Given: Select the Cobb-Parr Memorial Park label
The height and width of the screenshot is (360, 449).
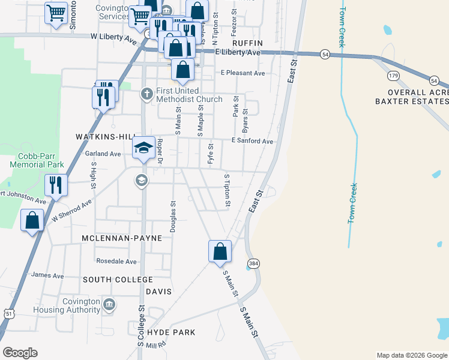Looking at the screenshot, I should point(37,159).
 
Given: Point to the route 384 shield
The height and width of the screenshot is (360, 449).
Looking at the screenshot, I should point(252,263).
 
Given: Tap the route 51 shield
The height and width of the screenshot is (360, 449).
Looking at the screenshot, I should point(8,313).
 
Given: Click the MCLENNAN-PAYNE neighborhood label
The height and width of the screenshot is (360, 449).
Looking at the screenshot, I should point(122,238).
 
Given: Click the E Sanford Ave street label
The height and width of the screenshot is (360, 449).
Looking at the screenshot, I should point(252,142).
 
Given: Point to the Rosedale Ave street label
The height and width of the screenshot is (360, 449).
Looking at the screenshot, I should point(116,262).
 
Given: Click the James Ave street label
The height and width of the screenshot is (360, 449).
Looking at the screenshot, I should point(47,276).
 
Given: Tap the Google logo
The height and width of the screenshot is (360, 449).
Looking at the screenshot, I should point(20,353).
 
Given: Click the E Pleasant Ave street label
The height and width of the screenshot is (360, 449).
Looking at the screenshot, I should point(243,73).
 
